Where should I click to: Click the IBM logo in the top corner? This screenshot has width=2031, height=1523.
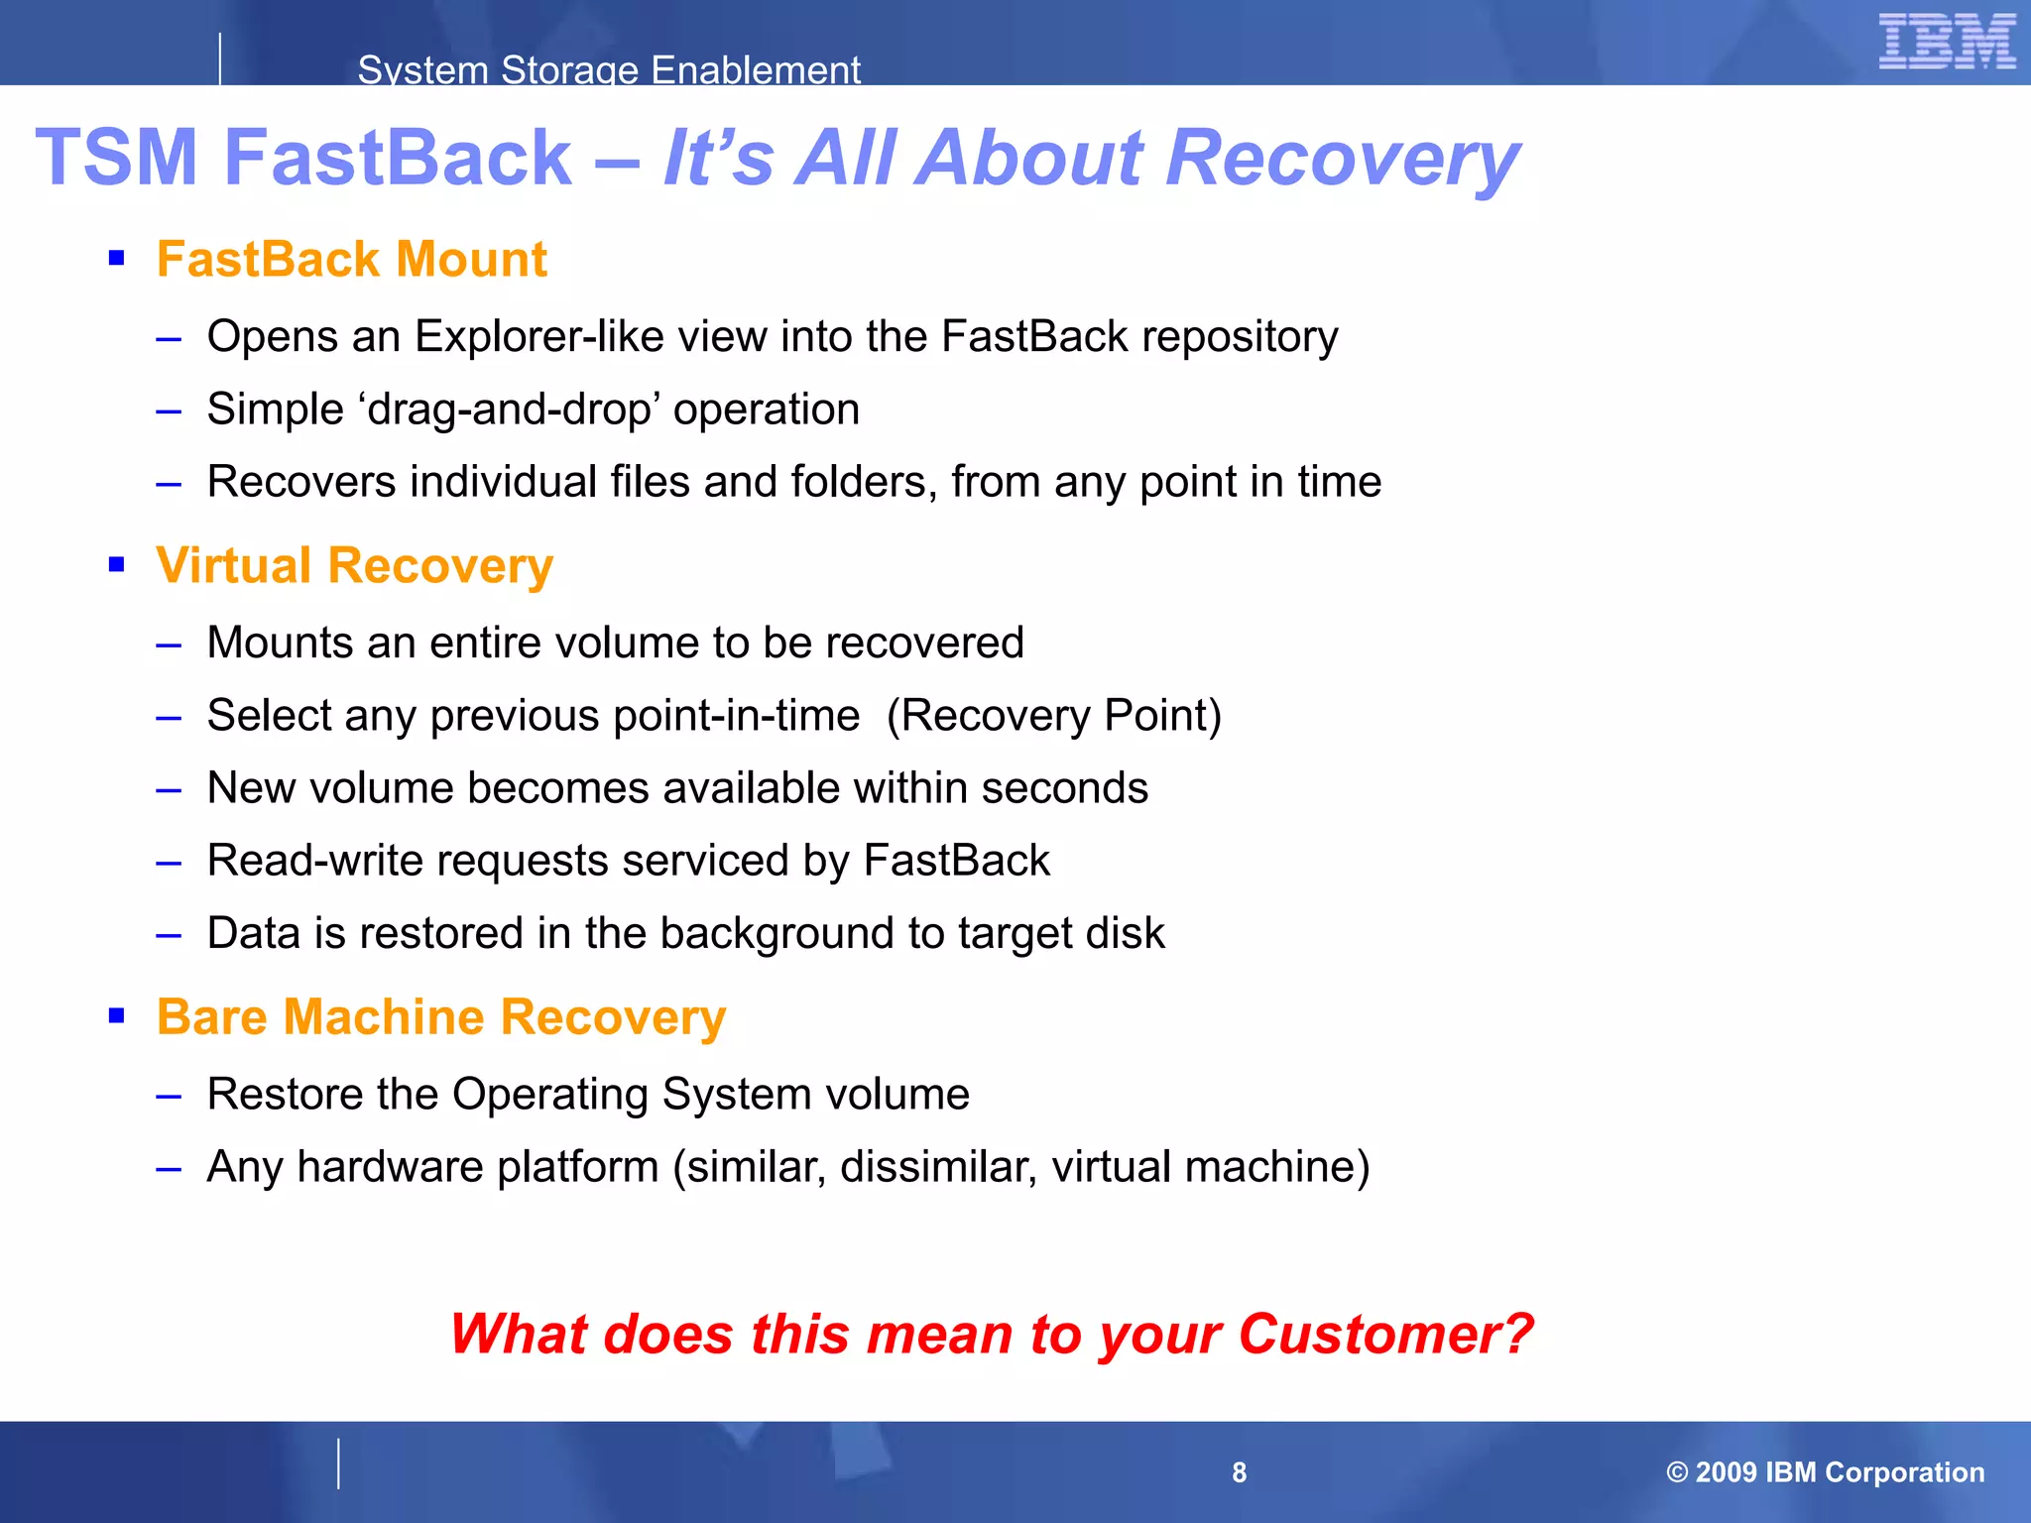[1947, 42]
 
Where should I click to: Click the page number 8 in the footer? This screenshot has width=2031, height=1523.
[1239, 1472]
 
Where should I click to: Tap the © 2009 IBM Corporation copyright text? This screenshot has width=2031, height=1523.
[1825, 1472]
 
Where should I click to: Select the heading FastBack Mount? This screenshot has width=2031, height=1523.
[351, 260]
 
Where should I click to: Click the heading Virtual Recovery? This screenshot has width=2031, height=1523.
[354, 566]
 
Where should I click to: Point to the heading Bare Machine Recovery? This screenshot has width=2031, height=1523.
[441, 1017]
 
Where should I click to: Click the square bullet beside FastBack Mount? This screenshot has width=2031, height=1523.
[117, 259]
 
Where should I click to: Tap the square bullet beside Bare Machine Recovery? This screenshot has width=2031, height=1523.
[117, 1015]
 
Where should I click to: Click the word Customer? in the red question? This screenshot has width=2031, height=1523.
[1385, 1334]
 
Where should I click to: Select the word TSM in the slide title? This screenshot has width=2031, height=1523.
[117, 158]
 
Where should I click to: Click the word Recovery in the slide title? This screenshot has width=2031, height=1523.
[1343, 158]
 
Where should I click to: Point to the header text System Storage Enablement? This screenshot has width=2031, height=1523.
[609, 70]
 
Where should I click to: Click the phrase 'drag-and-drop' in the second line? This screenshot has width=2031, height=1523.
[514, 410]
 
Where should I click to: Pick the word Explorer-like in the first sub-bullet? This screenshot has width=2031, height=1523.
[538, 337]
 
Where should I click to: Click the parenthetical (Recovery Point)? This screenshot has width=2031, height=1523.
[1053, 716]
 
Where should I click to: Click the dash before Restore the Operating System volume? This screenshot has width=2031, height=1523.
[169, 1096]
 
